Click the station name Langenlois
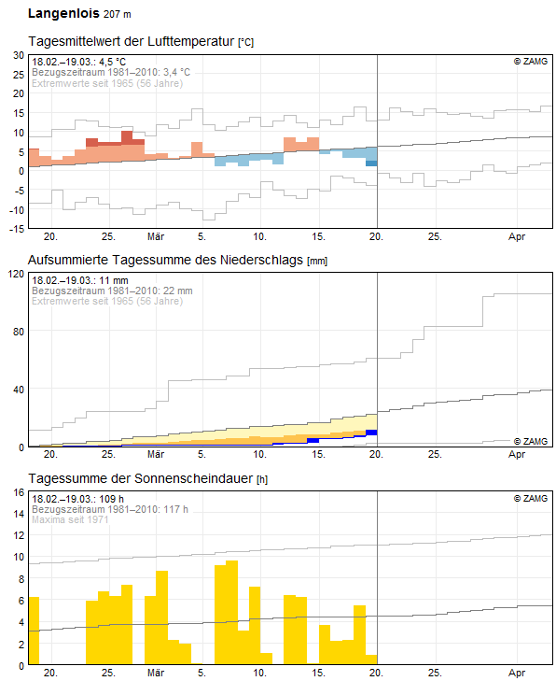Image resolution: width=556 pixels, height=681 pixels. (63, 13)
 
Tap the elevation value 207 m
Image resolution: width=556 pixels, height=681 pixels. (118, 14)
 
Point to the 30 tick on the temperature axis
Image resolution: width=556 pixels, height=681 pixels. (19, 55)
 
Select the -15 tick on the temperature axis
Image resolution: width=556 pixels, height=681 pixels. (17, 229)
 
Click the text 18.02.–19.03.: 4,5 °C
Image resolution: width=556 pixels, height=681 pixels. (79, 62)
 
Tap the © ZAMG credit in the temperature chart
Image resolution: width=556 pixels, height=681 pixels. (531, 62)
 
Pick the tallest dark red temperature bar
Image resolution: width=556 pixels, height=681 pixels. (127, 137)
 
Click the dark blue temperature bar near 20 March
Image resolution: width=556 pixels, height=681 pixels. (371, 163)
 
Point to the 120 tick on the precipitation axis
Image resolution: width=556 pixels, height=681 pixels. (17, 274)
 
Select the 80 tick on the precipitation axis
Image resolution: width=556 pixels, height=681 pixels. (19, 332)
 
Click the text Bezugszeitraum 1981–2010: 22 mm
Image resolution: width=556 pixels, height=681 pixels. (112, 291)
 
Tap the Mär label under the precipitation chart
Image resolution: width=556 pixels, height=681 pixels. (156, 454)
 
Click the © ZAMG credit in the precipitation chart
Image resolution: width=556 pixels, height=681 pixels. (531, 441)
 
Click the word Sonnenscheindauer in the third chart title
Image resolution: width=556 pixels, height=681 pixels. (193, 478)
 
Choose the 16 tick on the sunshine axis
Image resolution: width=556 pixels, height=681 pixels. (19, 492)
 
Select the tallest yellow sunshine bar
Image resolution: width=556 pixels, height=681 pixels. (232, 613)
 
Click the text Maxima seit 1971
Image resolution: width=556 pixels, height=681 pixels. (70, 519)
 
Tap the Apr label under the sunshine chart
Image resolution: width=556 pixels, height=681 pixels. (517, 673)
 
